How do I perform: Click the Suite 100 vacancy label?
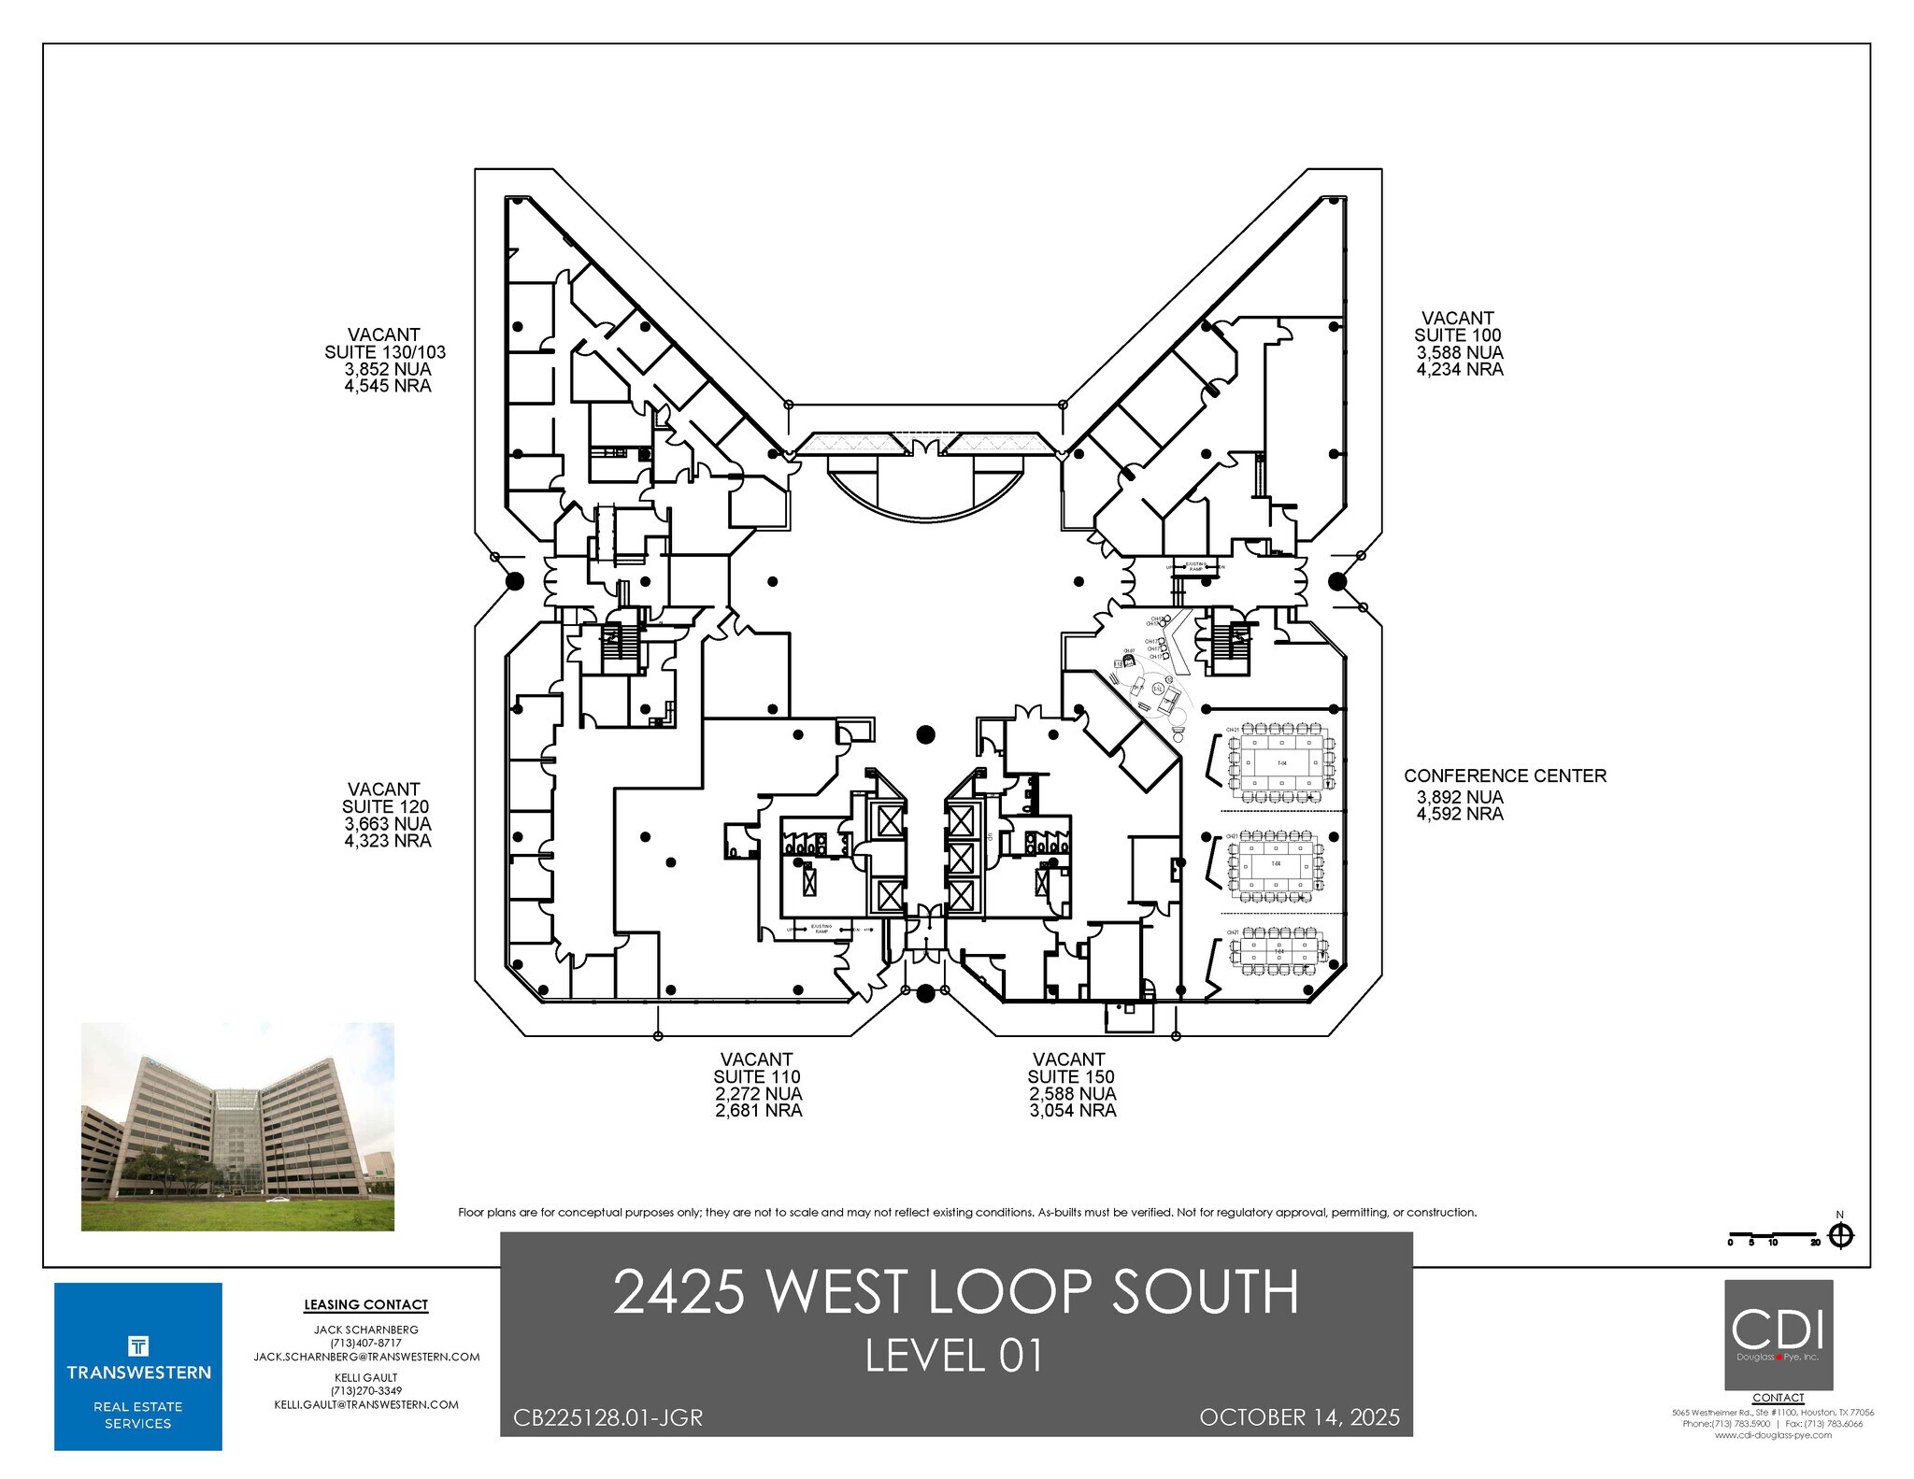[x=1458, y=335]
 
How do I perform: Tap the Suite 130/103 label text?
[x=384, y=352]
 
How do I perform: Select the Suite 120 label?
[x=385, y=806]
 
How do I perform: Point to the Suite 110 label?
[x=757, y=1076]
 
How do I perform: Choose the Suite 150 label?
[x=1071, y=1076]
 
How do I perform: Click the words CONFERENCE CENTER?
[x=1505, y=775]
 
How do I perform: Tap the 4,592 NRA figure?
[x=1459, y=814]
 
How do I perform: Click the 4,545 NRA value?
[x=387, y=386]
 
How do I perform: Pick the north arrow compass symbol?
[x=1840, y=1236]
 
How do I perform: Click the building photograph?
[x=237, y=1126]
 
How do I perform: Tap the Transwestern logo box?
[x=138, y=1366]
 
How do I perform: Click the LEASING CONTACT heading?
[x=365, y=1304]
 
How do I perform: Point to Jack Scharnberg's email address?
[x=366, y=1357]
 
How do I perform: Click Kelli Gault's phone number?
[x=365, y=1390]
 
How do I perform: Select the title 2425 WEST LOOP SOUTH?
[x=955, y=1292]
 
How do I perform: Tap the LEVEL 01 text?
[x=953, y=1356]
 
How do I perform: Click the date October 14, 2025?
[x=1299, y=1417]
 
